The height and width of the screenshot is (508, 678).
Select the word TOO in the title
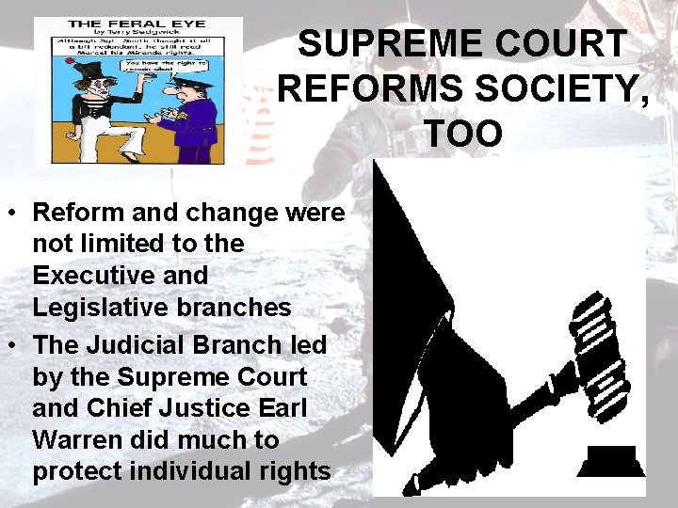pyautogui.click(x=463, y=133)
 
